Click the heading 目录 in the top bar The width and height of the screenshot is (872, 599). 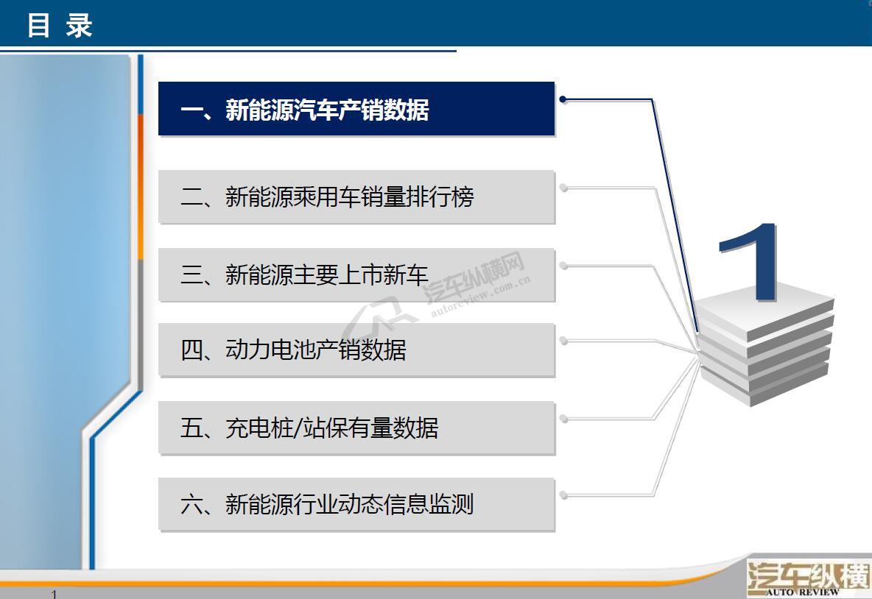click(60, 26)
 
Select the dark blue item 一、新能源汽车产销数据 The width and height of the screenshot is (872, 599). click(356, 108)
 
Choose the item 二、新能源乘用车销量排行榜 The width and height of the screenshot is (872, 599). click(356, 196)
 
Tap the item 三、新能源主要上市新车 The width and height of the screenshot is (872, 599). click(356, 274)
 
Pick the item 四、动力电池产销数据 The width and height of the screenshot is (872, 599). click(356, 350)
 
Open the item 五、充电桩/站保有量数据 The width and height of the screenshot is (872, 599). click(356, 428)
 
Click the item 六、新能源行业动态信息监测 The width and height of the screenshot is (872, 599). click(356, 504)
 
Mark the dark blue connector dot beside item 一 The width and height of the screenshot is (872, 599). click(563, 99)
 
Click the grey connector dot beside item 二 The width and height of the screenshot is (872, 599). click(563, 188)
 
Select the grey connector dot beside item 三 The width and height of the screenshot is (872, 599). click(563, 266)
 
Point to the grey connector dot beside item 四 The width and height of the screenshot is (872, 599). click(563, 340)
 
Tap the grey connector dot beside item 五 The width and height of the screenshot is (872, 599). click(563, 419)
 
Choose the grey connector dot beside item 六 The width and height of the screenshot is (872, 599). click(563, 495)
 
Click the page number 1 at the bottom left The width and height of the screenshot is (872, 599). click(54, 594)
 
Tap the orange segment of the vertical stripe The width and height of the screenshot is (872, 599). click(141, 187)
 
